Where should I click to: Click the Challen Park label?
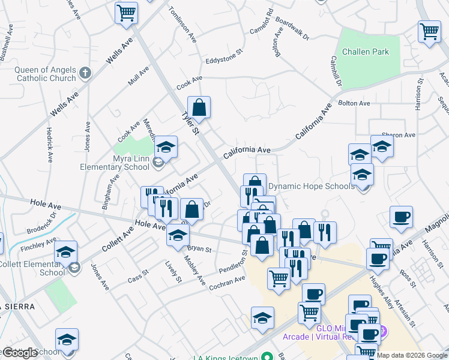[x=365, y=52]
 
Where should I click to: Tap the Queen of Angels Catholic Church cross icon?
[x=85, y=74]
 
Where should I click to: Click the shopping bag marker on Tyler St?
[x=199, y=108]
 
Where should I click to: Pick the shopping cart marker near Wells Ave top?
[x=126, y=13]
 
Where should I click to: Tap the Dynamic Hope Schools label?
[x=311, y=186]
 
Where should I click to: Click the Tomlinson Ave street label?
[x=183, y=23]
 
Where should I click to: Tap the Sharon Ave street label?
[x=399, y=135]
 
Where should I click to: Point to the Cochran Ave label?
[x=228, y=283]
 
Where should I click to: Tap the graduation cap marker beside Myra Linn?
[x=166, y=148]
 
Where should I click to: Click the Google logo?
[x=20, y=353]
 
